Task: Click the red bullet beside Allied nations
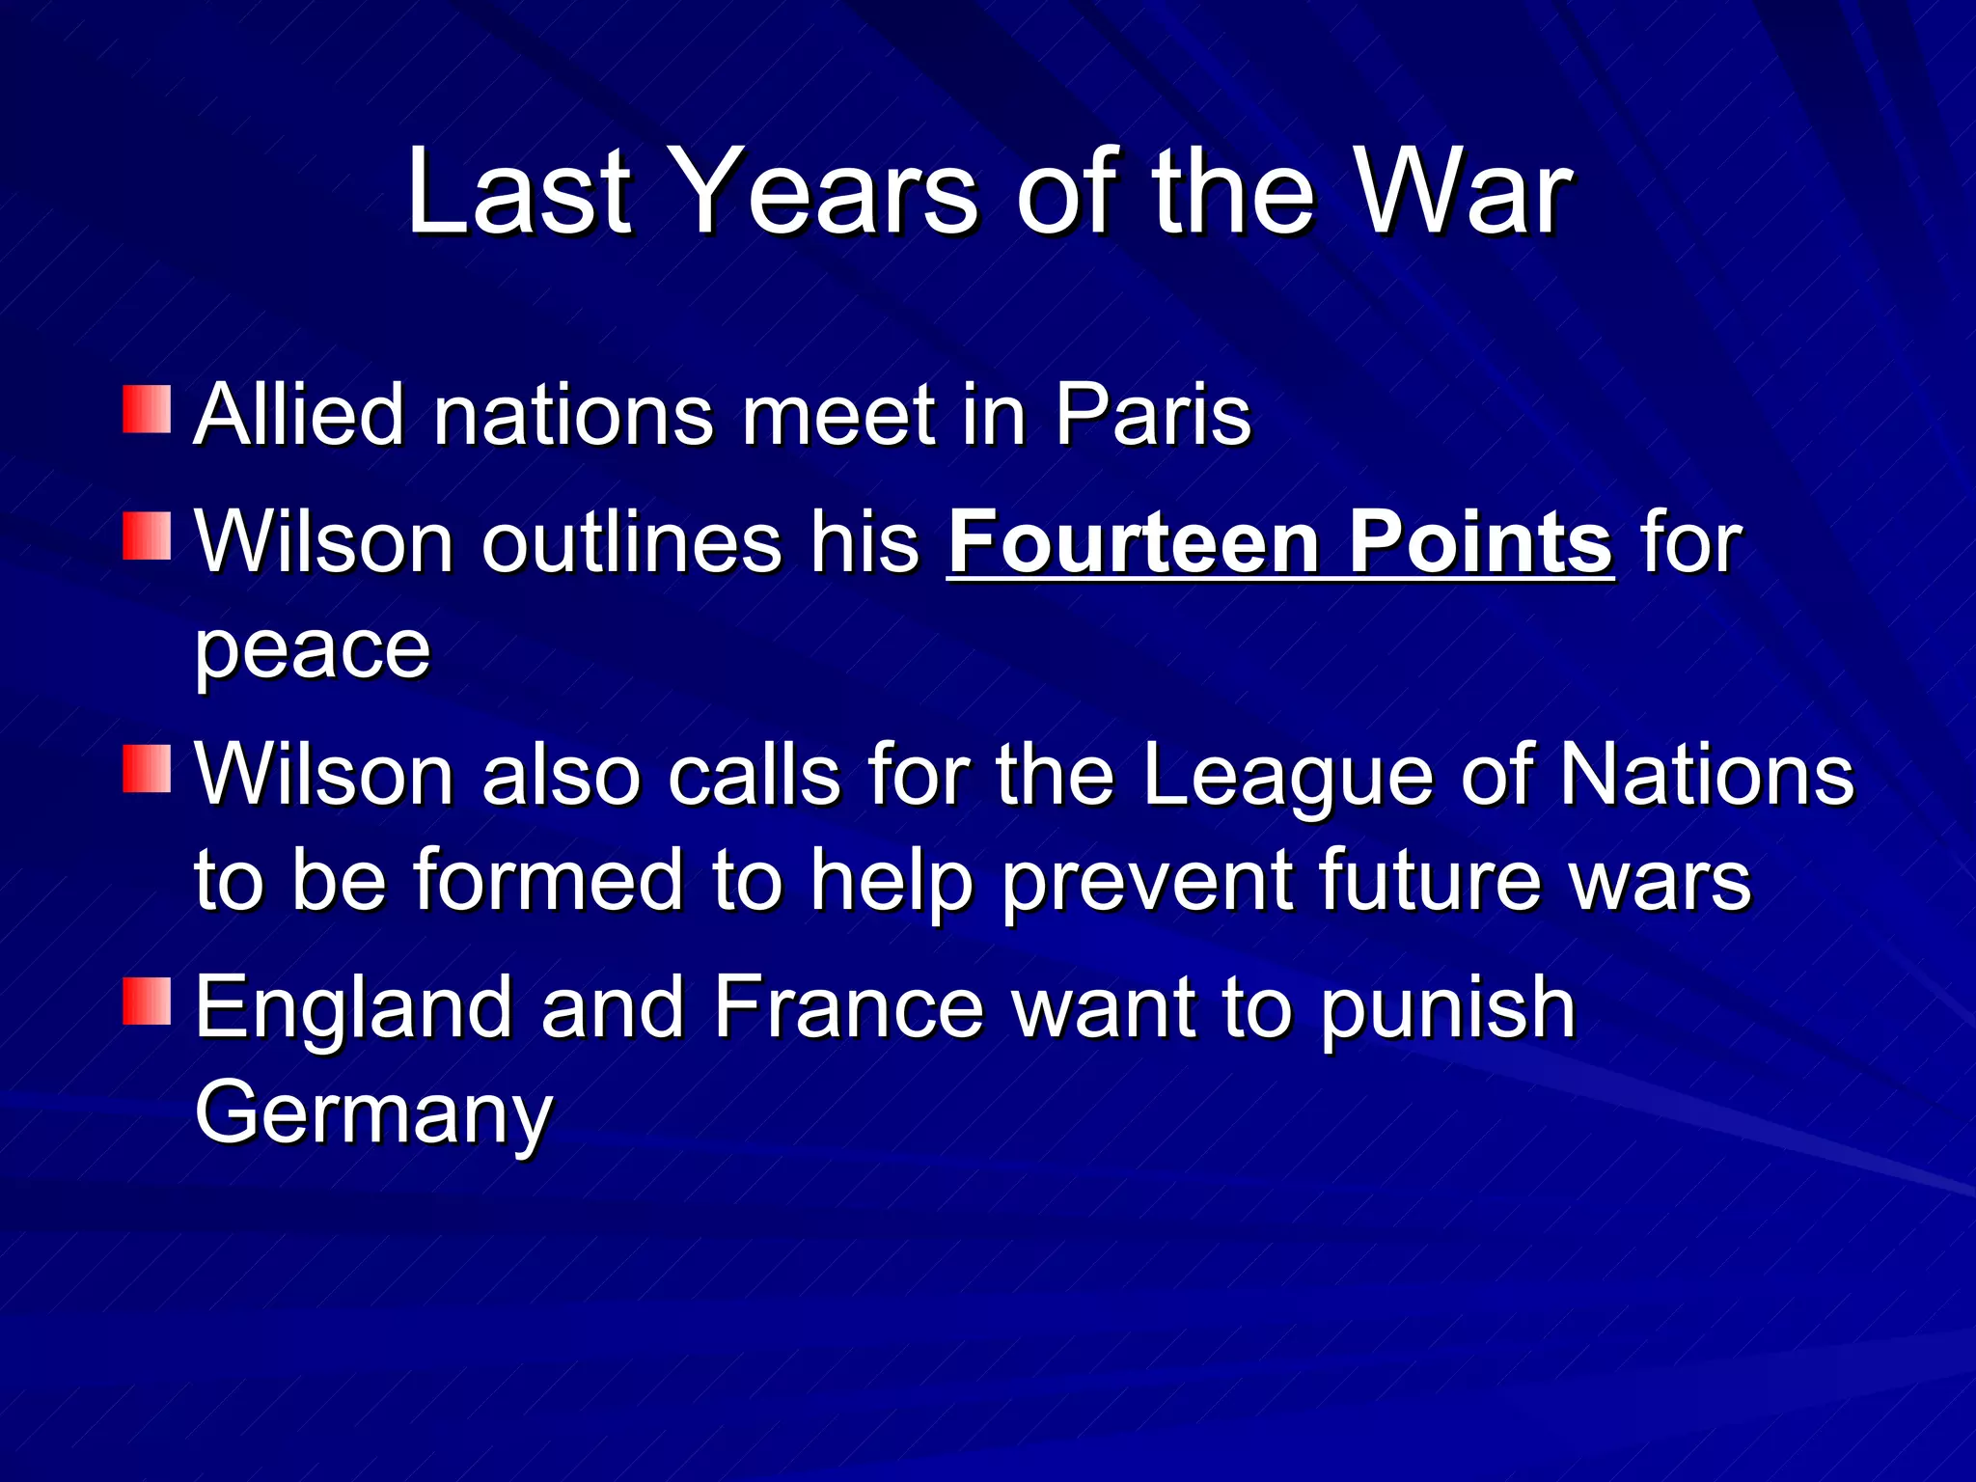[x=147, y=409]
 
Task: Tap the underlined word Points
[x=1480, y=542]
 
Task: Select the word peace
[x=313, y=650]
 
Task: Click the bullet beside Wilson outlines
[x=147, y=536]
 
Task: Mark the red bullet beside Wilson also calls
[x=147, y=769]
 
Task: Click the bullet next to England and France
[x=147, y=1001]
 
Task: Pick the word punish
[x=1447, y=1009]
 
